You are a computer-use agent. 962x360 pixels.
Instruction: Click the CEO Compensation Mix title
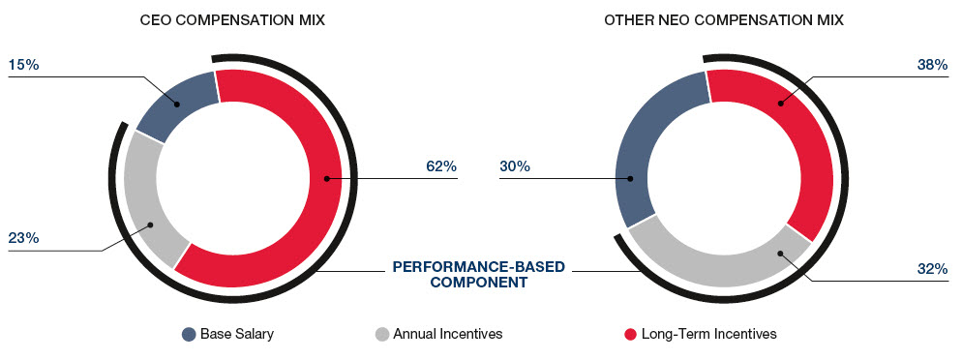pos(232,20)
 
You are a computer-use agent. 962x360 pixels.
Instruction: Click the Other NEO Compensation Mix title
pos(724,20)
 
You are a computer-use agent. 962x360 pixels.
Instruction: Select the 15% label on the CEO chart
pos(24,65)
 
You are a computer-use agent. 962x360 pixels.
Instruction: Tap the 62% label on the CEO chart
pos(441,166)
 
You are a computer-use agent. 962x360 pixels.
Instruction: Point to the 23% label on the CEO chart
pos(24,238)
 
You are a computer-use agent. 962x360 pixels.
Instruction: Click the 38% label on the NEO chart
pos(933,65)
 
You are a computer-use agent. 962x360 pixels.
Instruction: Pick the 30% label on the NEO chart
pos(515,166)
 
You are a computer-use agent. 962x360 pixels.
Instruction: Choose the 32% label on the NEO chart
pos(933,268)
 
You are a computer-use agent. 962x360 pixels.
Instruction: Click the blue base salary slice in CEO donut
pos(178,105)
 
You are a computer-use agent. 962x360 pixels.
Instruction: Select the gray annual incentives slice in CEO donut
pos(150,202)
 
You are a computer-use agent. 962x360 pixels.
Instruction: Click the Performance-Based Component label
pos(478,275)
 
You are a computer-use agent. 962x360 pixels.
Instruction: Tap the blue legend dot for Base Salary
pos(189,335)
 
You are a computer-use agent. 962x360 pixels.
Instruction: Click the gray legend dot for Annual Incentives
pos(381,335)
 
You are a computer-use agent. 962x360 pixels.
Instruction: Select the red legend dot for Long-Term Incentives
pos(630,335)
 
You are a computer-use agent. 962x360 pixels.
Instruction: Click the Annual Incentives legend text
pos(448,334)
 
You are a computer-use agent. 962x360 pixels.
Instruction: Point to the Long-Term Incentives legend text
pos(709,334)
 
